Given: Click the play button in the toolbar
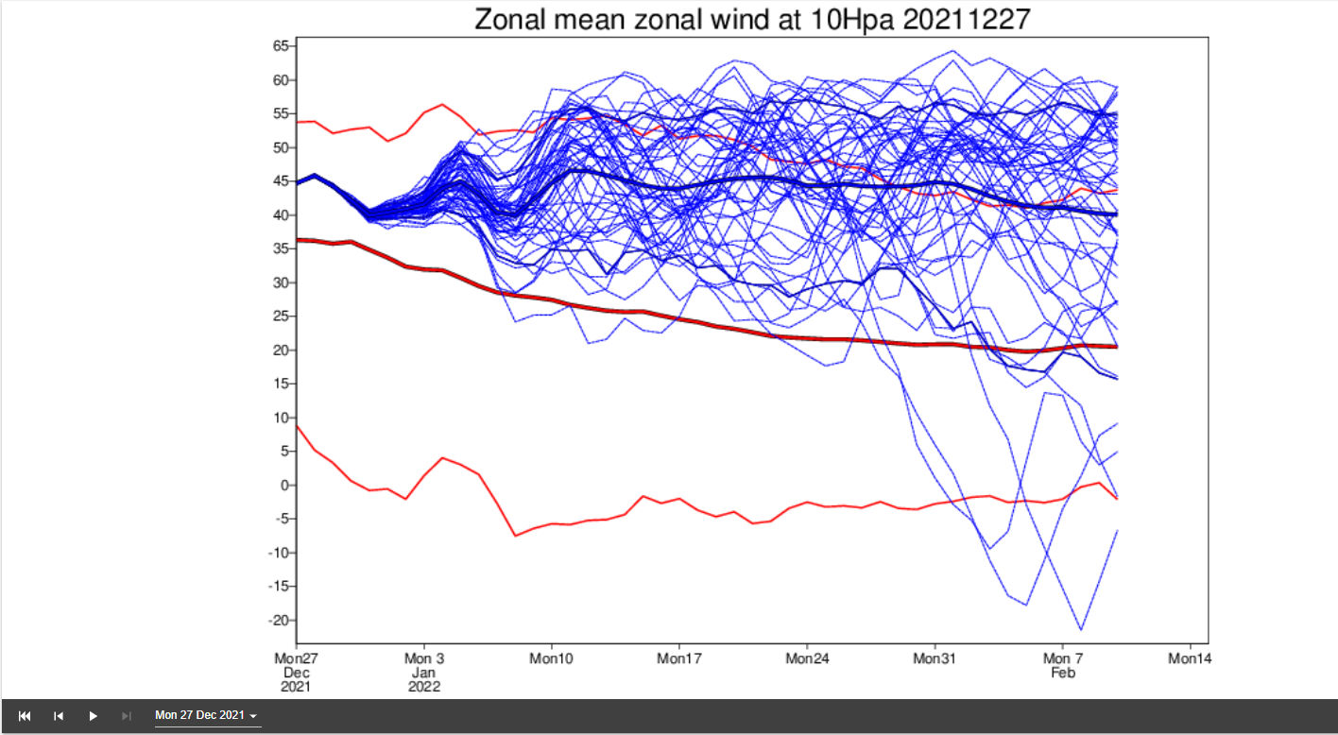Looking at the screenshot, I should click(x=93, y=716).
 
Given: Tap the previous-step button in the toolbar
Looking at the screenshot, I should click(x=59, y=716).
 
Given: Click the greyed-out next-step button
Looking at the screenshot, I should click(x=127, y=716).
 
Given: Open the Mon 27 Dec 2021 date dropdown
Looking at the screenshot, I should click(x=207, y=716).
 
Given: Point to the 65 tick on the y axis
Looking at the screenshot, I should click(x=281, y=46).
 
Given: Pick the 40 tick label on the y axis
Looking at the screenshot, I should click(x=281, y=215).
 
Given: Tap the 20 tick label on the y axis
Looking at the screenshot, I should click(x=281, y=350).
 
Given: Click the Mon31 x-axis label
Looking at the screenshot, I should click(x=933, y=658).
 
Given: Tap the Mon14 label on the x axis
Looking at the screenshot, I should click(x=1189, y=658).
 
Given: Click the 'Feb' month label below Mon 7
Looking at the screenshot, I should click(x=1064, y=673).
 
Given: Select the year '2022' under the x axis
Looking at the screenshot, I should click(x=423, y=687).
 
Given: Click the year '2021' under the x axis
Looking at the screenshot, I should click(x=296, y=687).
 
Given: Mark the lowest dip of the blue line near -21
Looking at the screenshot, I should click(x=1080, y=630).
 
